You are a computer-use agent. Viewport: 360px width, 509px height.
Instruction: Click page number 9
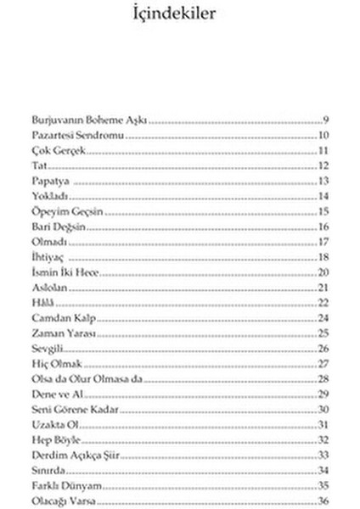click(325, 120)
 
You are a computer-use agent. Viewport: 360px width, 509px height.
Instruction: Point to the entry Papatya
click(50, 182)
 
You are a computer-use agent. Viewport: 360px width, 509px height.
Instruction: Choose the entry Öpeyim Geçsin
click(67, 211)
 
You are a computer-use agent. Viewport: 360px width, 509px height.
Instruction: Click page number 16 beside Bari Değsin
click(323, 227)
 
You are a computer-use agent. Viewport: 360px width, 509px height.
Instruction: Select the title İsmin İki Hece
click(66, 272)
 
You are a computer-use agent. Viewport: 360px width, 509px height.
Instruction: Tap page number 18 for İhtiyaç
click(323, 257)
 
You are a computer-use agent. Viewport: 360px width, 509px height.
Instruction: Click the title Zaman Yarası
click(62, 333)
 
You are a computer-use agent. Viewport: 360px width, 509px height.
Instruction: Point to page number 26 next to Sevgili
click(323, 349)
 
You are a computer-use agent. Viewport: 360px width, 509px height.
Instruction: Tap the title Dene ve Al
click(55, 394)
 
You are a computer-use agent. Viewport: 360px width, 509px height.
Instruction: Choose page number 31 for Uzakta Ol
click(323, 424)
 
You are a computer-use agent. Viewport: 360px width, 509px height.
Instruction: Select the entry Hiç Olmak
click(55, 364)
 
